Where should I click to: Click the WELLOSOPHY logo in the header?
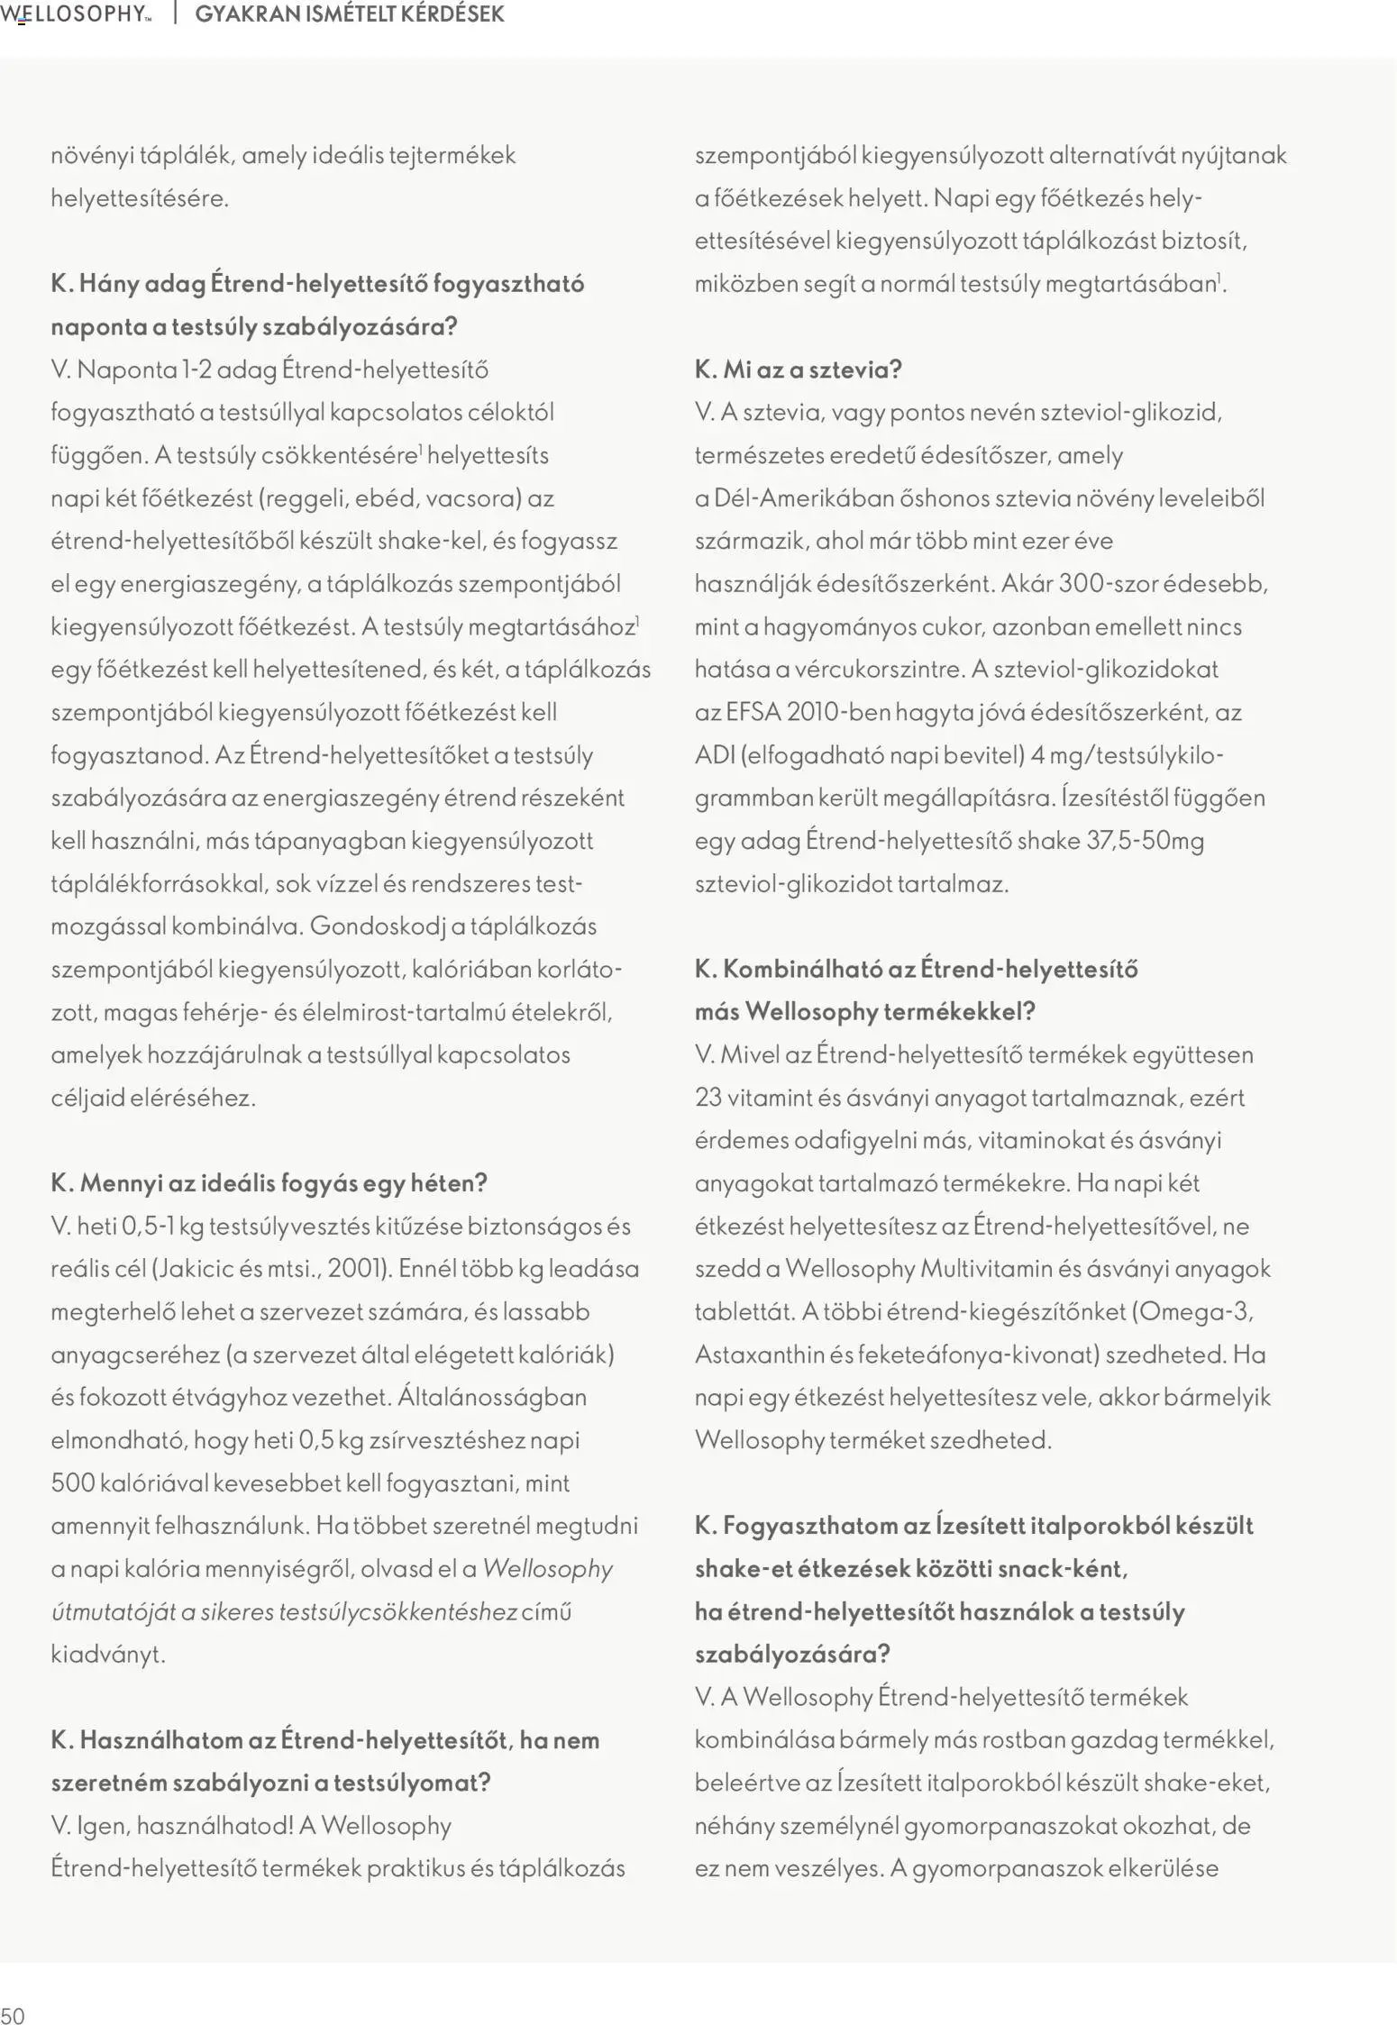(x=75, y=14)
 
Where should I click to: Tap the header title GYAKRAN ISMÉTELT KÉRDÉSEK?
(x=349, y=14)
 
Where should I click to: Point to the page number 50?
(x=13, y=2009)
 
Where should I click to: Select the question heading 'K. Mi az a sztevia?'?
(x=798, y=369)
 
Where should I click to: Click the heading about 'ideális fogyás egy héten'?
(x=269, y=1182)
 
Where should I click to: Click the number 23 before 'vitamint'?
(x=708, y=1097)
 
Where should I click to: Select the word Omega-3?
(x=1196, y=1310)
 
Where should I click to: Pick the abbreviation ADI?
(x=715, y=754)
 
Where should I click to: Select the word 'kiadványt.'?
(x=109, y=1654)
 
